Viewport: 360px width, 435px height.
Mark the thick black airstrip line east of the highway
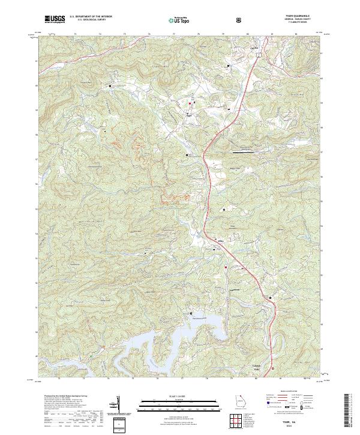(242, 152)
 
